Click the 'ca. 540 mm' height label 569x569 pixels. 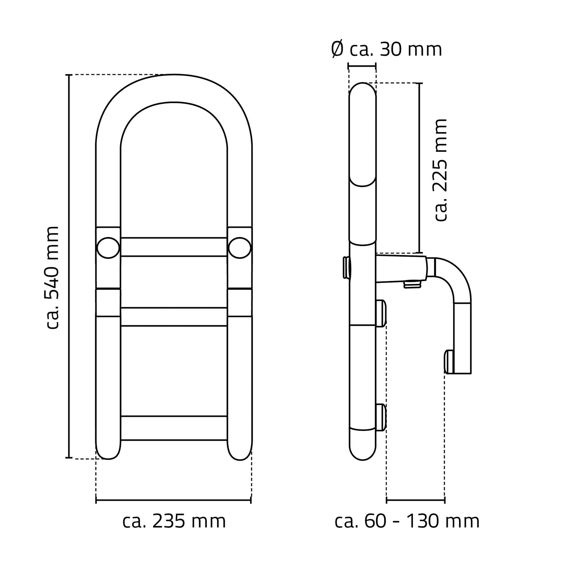52,278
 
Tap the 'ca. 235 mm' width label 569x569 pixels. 174,521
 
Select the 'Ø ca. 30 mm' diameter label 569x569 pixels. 387,49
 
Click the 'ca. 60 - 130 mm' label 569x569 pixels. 407,521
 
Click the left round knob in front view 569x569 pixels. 108,247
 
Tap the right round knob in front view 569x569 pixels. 240,247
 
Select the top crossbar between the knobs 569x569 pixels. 174,247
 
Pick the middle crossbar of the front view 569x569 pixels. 174,317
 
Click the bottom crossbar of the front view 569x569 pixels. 174,428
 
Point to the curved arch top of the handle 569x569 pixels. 174,88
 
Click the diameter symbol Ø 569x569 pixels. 337,50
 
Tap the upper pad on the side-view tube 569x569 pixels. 381,313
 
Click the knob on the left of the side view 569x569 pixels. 346,267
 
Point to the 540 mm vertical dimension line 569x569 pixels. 69,266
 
